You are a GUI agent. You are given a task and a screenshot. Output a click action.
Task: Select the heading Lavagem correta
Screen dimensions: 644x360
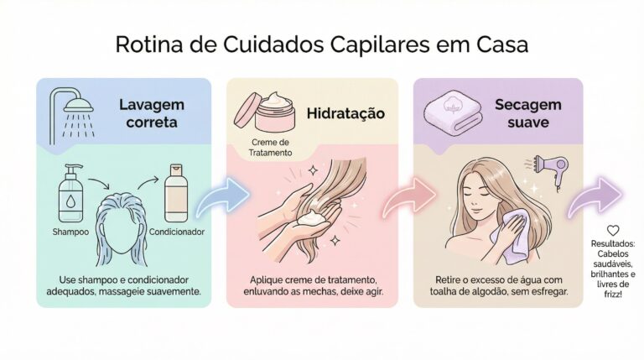(x=152, y=113)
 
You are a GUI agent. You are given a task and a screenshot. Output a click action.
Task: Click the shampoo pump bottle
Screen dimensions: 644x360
(x=70, y=193)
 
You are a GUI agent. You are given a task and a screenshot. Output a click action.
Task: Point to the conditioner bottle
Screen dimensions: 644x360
(x=176, y=193)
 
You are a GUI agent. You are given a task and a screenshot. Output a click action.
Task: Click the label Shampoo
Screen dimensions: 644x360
(x=70, y=232)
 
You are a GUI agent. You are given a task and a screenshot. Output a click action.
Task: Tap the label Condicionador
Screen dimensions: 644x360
(x=177, y=232)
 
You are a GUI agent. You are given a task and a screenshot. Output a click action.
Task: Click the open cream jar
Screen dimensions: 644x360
(x=264, y=111)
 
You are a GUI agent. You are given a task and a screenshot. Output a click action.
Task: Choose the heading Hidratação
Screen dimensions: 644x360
(x=345, y=113)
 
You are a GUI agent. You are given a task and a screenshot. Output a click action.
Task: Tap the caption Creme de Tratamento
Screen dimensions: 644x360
(x=270, y=148)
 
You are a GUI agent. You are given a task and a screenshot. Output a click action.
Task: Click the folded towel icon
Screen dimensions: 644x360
(x=453, y=110)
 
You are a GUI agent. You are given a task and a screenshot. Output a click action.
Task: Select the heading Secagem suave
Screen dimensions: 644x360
(x=527, y=113)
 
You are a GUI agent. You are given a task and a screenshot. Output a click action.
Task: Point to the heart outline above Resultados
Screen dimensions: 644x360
(x=613, y=230)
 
